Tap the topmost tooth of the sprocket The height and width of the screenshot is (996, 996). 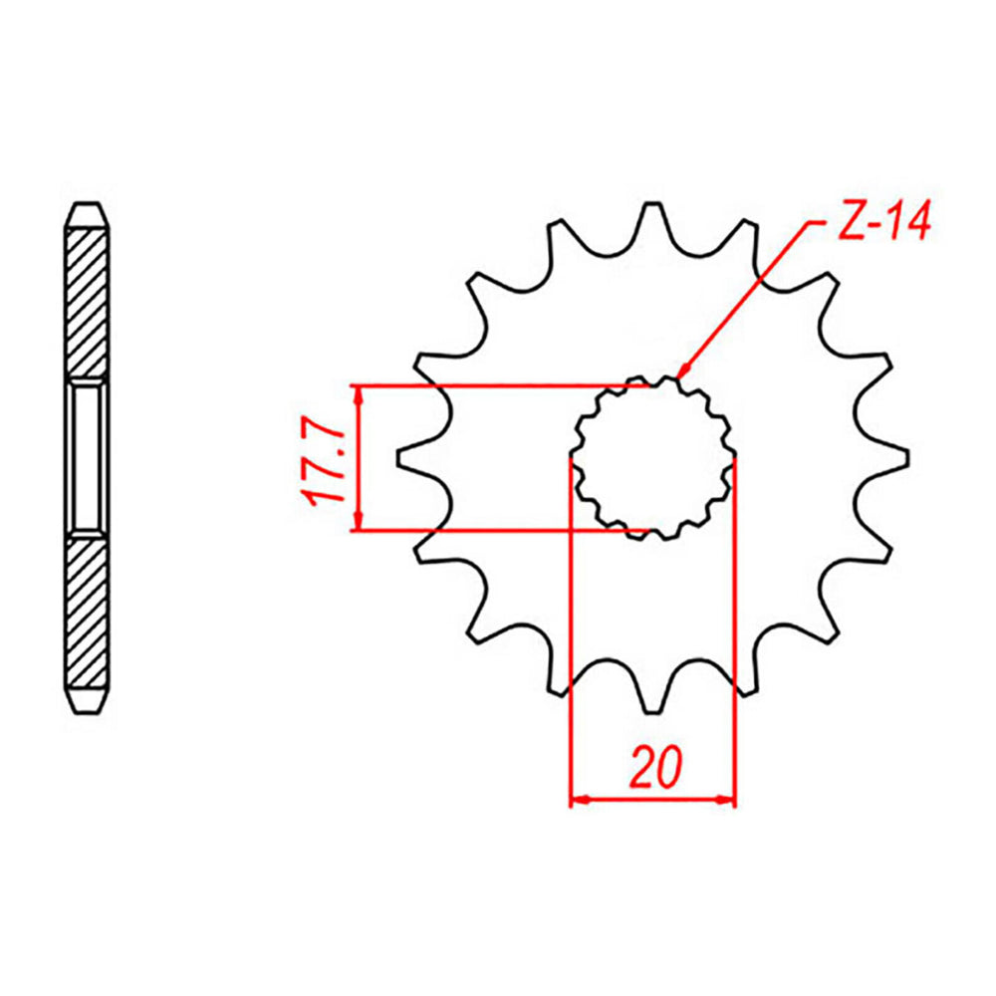[652, 214]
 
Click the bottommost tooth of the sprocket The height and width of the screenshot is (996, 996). [652, 702]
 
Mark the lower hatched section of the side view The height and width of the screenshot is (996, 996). [88, 613]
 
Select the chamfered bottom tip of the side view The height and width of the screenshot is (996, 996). [88, 699]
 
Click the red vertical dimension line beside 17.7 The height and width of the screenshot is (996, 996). [360, 458]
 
